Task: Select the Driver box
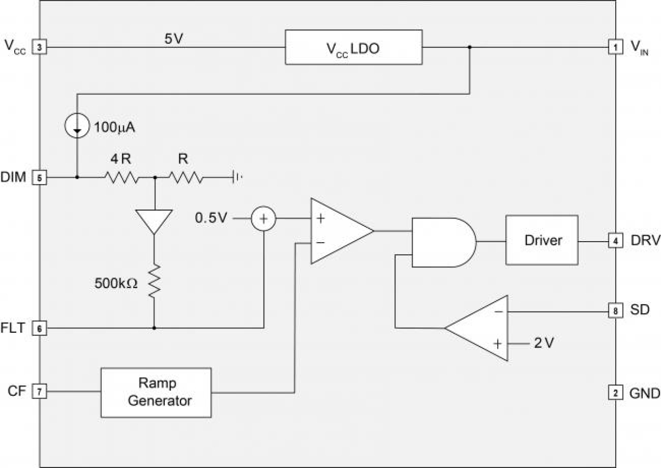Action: coord(541,240)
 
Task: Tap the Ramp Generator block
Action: coord(156,392)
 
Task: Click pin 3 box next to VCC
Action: coord(39,47)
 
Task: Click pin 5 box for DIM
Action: coord(39,177)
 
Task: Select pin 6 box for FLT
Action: coord(39,328)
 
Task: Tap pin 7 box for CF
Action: coord(39,392)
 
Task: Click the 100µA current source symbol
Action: coord(77,127)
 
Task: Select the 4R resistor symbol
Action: coord(122,177)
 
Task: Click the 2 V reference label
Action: coord(544,343)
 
